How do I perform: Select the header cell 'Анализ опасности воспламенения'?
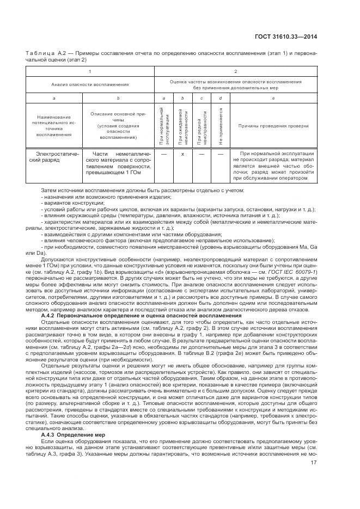(90, 84)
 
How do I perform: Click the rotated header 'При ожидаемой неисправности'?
(183, 126)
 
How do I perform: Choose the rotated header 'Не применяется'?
(221, 126)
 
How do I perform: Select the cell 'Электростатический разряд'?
(54, 158)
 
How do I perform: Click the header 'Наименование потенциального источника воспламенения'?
(54, 126)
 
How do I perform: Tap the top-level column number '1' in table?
(90, 71)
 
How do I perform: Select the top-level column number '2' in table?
(235, 71)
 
